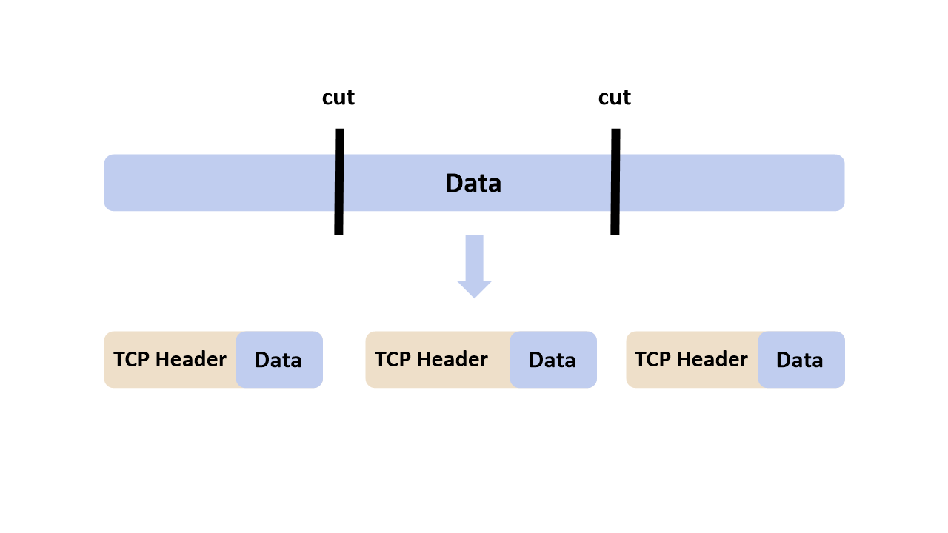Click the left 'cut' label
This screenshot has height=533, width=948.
click(338, 98)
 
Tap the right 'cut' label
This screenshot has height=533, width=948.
click(615, 98)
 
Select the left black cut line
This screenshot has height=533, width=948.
click(339, 181)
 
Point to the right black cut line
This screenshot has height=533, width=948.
click(615, 181)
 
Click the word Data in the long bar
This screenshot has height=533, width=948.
click(473, 184)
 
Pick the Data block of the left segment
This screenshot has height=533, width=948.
click(279, 360)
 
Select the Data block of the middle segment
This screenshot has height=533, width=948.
click(553, 360)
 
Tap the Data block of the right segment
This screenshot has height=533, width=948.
click(801, 360)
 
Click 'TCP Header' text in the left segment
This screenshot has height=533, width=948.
click(170, 360)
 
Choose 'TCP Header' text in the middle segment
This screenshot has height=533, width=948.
click(431, 360)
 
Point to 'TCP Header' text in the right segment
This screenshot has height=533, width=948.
click(691, 360)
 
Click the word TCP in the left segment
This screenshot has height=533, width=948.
click(132, 360)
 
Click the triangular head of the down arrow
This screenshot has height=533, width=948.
click(474, 288)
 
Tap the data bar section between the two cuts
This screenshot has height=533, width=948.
click(415, 183)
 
